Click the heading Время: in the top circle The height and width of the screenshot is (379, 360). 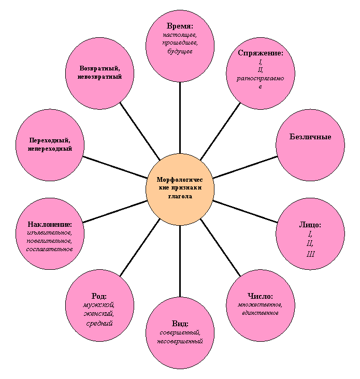tap(180, 26)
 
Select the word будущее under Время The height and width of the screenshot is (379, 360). tap(180, 51)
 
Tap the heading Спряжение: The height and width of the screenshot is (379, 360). tap(261, 53)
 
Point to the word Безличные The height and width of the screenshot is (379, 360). tap(310, 137)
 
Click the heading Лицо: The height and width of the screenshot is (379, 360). tap(310, 225)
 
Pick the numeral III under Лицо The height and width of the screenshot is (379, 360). tap(310, 254)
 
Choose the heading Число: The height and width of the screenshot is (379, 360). tap(260, 296)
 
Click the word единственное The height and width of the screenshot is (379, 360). tap(260, 313)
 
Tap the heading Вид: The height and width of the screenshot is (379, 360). tap(180, 324)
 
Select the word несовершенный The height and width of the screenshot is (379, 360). tap(180, 341)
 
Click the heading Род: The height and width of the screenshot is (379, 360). tap(99, 296)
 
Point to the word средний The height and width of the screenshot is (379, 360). tap(99, 323)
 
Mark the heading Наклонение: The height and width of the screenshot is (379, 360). tap(50, 224)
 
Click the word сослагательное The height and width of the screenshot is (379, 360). tap(50, 249)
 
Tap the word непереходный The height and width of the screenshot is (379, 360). tap(50, 149)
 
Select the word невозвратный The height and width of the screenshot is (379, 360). tap(99, 77)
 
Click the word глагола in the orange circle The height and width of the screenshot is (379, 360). tap(180, 196)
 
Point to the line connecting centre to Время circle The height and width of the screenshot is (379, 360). tap(180, 118)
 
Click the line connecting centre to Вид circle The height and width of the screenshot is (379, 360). tap(180, 261)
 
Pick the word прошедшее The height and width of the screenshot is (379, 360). tap(180, 43)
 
